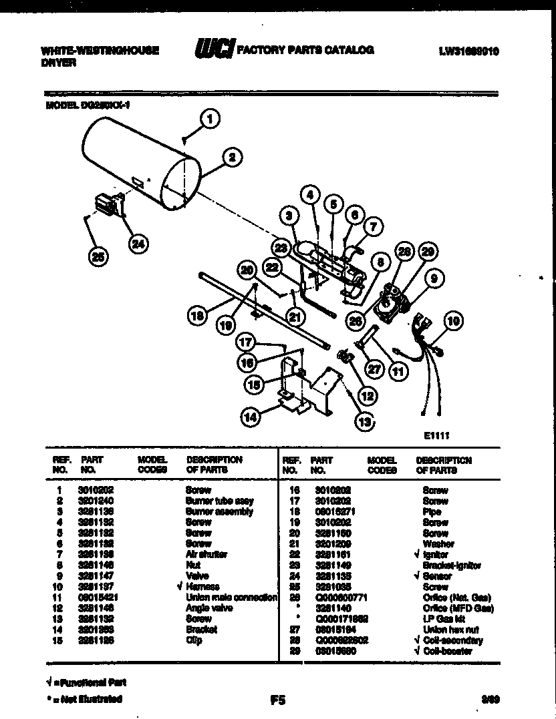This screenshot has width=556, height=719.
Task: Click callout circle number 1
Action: point(210,120)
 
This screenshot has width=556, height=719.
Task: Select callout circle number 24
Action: point(137,244)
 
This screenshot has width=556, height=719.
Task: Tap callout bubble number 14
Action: point(251,418)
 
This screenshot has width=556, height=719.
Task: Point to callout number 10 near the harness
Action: point(453,321)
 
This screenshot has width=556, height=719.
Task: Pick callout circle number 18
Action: point(196,316)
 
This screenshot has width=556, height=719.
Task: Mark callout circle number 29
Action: point(428,252)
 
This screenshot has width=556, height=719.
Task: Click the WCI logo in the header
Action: point(214,50)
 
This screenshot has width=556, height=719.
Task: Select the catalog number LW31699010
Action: point(469,51)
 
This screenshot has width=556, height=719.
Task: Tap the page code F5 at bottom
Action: point(277,700)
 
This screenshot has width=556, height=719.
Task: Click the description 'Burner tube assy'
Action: point(219,501)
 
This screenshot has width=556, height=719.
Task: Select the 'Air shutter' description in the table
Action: point(206,555)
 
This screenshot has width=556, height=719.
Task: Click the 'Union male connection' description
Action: point(231,597)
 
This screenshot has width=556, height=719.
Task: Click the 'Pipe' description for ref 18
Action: point(432,511)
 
